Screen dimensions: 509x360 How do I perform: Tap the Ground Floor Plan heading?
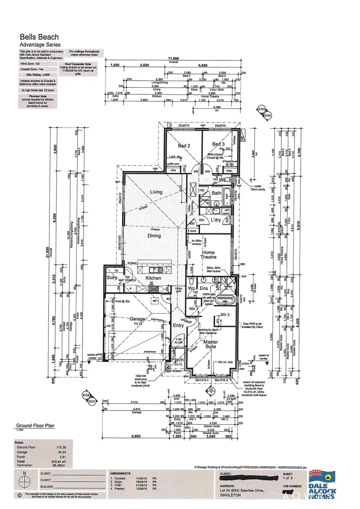click(35, 425)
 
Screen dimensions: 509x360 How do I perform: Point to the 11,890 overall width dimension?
click(174, 59)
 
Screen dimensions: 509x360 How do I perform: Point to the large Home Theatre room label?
click(208, 254)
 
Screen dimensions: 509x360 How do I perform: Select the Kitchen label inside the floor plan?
click(153, 279)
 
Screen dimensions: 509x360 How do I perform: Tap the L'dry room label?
click(216, 220)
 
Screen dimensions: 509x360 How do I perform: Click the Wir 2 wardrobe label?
click(225, 314)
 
